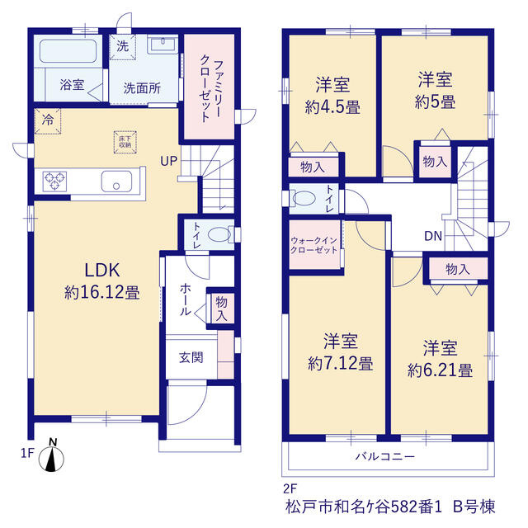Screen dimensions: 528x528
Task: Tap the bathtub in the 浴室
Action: (68, 51)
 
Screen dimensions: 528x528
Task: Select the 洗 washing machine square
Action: (123, 47)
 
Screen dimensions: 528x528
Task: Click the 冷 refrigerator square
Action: (48, 121)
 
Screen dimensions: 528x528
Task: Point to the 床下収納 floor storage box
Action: (125, 142)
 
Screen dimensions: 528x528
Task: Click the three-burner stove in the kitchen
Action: (54, 181)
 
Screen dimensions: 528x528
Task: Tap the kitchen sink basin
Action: (116, 181)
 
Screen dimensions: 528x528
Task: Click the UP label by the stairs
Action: (168, 161)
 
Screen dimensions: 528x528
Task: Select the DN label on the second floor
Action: (433, 236)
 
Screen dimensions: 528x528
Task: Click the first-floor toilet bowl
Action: (219, 234)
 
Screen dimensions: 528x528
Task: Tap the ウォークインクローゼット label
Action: (313, 245)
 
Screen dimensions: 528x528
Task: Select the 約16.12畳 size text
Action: (102, 293)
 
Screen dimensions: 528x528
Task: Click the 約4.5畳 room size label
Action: (332, 107)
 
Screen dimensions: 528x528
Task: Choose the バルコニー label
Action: (385, 456)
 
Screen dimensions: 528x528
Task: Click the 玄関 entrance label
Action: (191, 357)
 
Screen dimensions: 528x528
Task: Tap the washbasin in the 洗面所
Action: (163, 45)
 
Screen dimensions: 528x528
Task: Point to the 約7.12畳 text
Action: (341, 364)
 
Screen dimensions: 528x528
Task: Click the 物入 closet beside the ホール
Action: (221, 309)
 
